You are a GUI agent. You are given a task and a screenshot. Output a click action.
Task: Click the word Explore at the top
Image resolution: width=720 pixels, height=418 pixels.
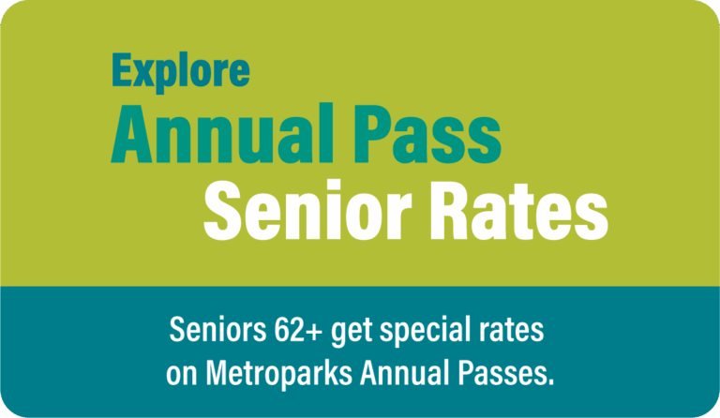pos(181,71)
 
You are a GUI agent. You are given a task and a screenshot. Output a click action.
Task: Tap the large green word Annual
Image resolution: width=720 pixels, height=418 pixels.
pos(222,134)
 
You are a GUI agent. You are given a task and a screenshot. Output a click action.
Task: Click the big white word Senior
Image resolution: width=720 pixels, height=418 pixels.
pos(308,209)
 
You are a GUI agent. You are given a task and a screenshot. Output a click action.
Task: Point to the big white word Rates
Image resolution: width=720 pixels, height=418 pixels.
pos(518,210)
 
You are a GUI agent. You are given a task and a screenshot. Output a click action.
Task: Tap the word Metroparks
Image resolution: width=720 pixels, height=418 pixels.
pos(278,373)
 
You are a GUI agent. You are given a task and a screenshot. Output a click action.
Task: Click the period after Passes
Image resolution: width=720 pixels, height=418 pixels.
pos(551,382)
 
